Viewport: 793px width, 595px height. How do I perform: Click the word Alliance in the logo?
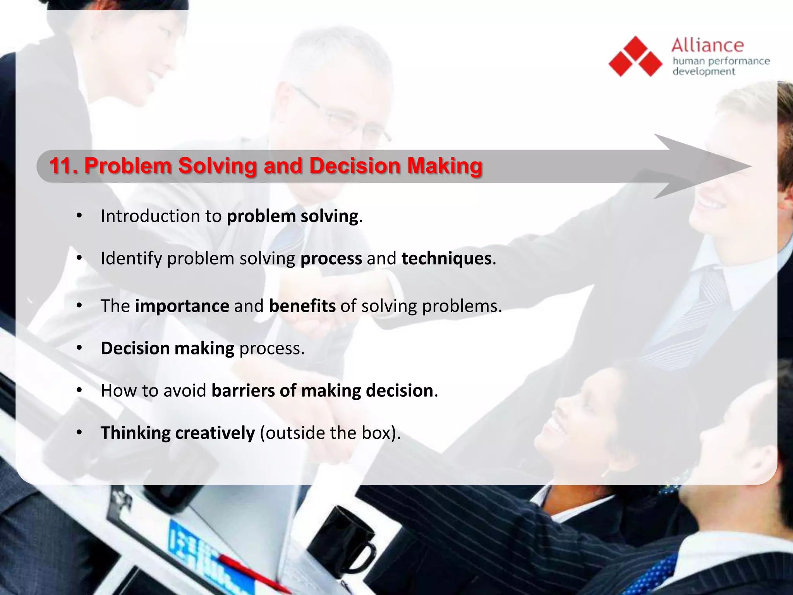pos(707,46)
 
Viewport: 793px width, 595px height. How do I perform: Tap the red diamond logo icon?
pos(635,57)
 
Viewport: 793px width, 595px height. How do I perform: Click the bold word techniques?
pos(446,258)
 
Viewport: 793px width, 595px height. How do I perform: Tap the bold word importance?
pos(182,306)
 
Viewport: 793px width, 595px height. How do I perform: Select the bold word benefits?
pos(302,306)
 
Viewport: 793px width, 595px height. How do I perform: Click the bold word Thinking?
pos(136,433)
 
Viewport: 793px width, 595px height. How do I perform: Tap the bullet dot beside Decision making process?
pos(79,348)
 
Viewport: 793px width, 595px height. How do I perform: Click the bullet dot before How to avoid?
pos(79,390)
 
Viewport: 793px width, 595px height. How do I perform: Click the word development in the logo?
pos(704,72)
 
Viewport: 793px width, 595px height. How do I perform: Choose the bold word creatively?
pos(215,433)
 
